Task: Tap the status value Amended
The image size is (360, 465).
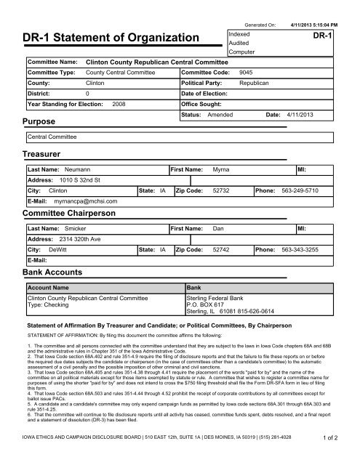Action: click(x=220, y=115)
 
